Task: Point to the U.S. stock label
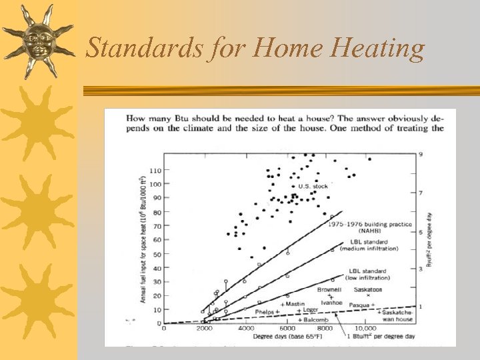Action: (x=313, y=186)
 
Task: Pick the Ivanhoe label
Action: (x=331, y=302)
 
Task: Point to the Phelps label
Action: (x=267, y=311)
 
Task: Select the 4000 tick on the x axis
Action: (x=245, y=329)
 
